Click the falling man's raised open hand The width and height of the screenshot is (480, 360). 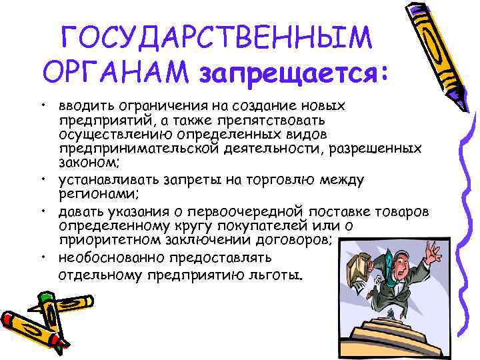click(x=433, y=251)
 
